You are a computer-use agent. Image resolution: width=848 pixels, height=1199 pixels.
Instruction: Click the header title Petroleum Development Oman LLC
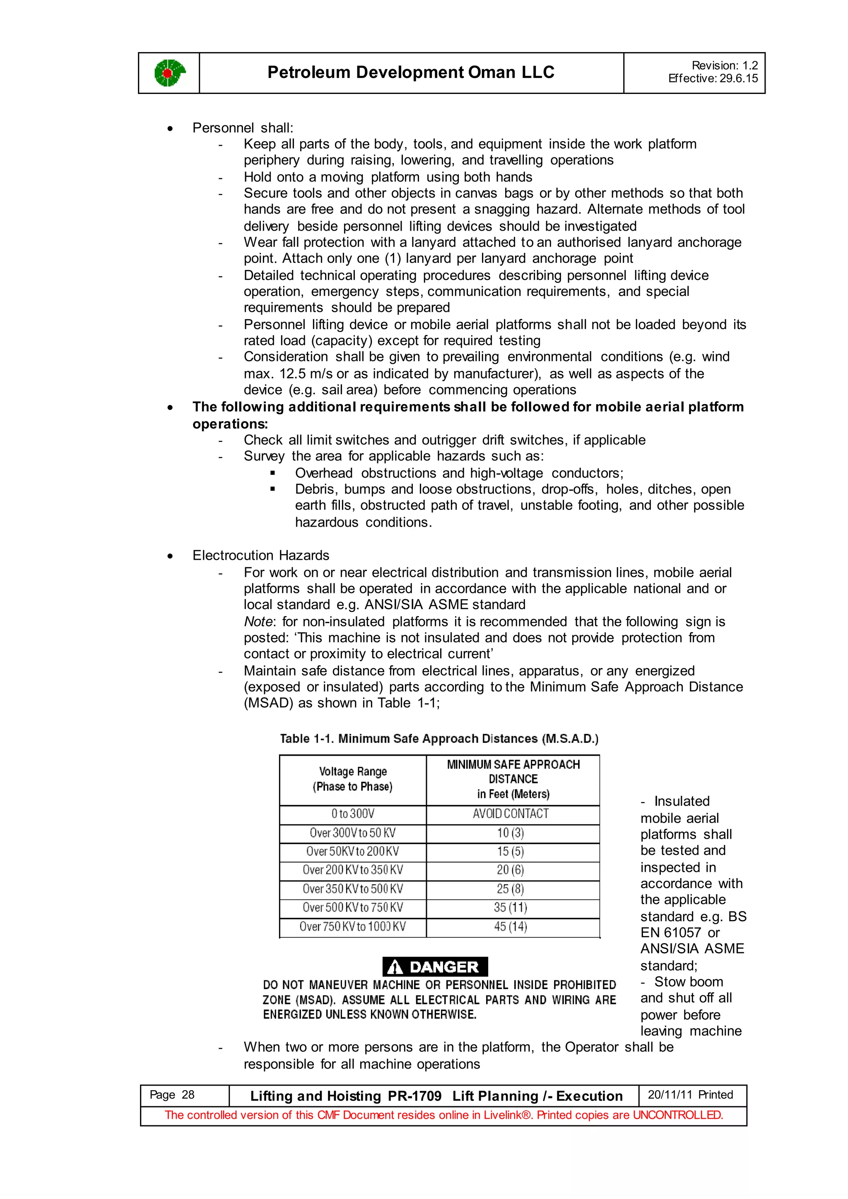coord(410,72)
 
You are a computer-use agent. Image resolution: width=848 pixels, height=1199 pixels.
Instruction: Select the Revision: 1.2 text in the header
coord(724,65)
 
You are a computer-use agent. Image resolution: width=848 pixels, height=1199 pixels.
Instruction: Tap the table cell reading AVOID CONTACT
coord(511,814)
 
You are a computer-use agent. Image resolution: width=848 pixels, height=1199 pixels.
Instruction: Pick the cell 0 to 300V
coord(353,814)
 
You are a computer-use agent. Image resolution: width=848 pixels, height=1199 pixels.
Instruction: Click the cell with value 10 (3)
coord(511,833)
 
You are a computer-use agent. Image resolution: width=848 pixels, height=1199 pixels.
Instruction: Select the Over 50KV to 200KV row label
coord(352,851)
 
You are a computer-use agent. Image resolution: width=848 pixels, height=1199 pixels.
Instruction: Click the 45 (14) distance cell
coord(511,927)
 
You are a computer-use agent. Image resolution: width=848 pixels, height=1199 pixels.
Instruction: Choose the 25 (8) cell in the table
coord(511,889)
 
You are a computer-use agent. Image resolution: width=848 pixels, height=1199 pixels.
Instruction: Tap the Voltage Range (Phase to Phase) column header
coord(353,779)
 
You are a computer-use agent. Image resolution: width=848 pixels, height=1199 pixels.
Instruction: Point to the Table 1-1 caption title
coord(439,739)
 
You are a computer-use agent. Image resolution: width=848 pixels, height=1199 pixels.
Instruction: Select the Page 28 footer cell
coord(172,1095)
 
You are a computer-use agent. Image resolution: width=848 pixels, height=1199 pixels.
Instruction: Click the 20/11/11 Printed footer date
coord(690,1095)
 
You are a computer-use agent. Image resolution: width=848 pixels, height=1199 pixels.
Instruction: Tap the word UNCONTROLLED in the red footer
coord(677,1115)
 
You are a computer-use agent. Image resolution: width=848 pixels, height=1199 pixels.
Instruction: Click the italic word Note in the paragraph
coord(258,621)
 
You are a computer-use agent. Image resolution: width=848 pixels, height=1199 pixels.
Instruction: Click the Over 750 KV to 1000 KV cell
coord(352,927)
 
